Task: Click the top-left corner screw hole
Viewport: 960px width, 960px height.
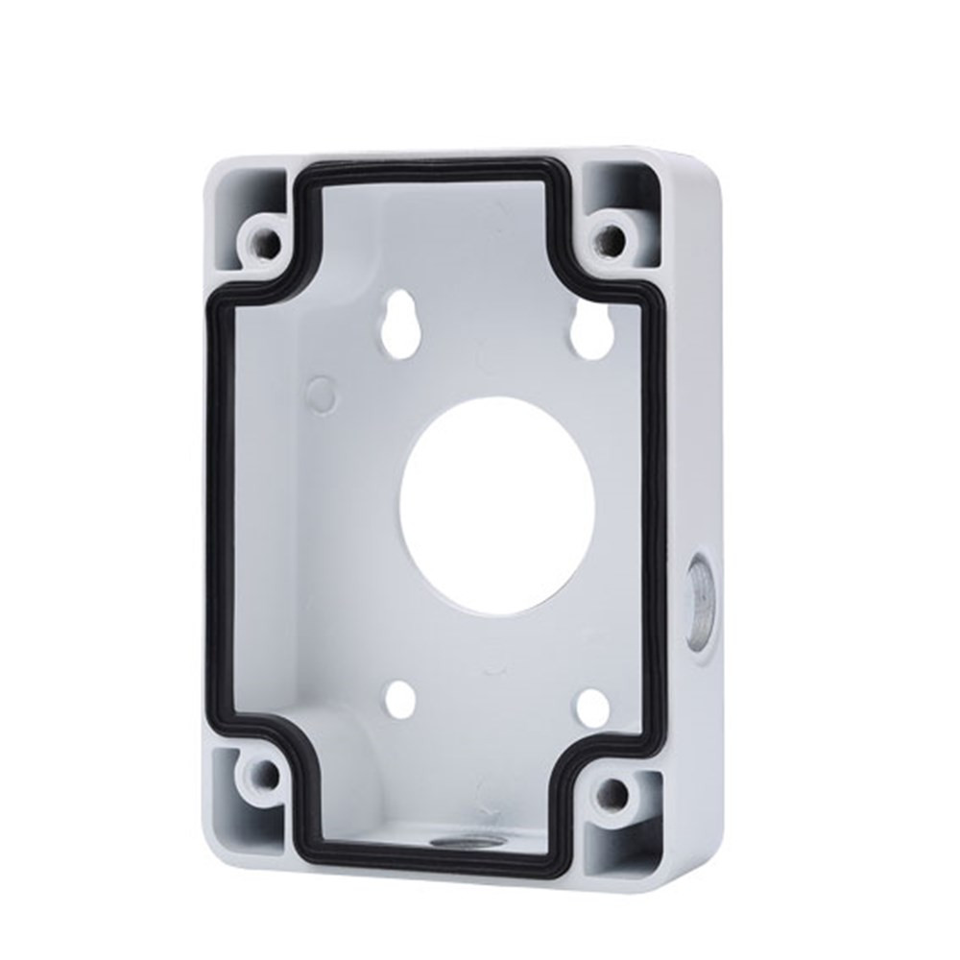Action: tap(262, 235)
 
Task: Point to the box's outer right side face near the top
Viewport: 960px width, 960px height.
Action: tap(706, 288)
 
